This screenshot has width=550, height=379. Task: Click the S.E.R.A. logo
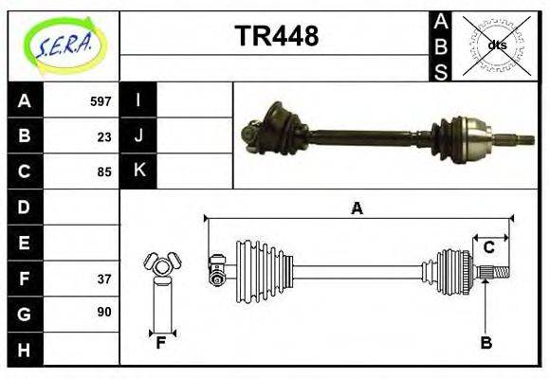click(x=64, y=45)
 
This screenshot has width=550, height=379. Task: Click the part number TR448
click(x=276, y=37)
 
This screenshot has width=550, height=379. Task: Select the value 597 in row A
click(x=101, y=101)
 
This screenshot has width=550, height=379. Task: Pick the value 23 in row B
click(x=104, y=136)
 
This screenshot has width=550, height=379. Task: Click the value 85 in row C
click(x=104, y=172)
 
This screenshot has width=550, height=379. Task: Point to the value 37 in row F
click(x=104, y=279)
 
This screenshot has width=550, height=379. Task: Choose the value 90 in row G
click(x=104, y=312)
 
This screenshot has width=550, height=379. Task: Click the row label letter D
click(x=25, y=207)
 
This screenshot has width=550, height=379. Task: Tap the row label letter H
click(x=25, y=350)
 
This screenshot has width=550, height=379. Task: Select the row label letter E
click(x=25, y=243)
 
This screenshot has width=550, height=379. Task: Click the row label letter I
click(x=138, y=100)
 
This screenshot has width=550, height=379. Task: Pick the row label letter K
click(x=138, y=171)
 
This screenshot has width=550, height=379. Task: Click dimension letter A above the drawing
click(x=357, y=208)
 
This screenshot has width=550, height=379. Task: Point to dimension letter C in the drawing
click(x=489, y=247)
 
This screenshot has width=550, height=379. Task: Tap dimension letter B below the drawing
click(x=486, y=343)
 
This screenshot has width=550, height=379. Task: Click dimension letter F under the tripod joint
click(x=161, y=343)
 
